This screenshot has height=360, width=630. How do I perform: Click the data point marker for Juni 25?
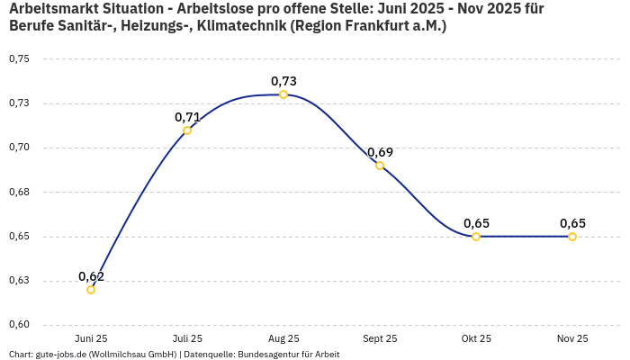[x=91, y=290]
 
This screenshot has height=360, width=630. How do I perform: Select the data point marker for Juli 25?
[x=187, y=130]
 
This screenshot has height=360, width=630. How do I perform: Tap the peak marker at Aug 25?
[x=283, y=94]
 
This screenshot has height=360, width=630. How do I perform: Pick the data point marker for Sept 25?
[x=380, y=166]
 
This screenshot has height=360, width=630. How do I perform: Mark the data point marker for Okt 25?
[x=476, y=237]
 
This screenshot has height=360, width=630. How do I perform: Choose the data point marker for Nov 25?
[x=572, y=237]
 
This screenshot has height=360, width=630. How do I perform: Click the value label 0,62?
[x=91, y=276]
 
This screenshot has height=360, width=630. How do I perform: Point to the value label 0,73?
[x=283, y=81]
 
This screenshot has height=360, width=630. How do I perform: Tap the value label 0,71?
[x=187, y=117]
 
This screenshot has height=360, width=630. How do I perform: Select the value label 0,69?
[x=380, y=152]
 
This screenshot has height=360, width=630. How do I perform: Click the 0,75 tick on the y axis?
[x=19, y=59]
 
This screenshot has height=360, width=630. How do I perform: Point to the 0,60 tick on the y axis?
[x=19, y=325]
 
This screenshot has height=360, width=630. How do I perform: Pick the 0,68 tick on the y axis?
[x=19, y=192]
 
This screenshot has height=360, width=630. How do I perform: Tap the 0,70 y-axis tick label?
[x=19, y=148]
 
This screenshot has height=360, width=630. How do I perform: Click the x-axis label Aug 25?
[x=283, y=338]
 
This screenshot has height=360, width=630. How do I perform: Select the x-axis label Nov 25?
[x=572, y=338]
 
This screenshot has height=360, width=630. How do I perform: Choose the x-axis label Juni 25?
[x=91, y=338]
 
